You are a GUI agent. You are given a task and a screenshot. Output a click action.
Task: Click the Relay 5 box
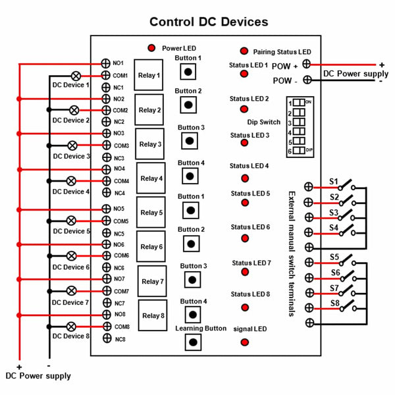(151, 212)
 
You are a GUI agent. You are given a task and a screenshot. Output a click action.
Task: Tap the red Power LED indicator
(151, 47)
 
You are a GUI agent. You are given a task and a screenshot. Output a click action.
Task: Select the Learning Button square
(193, 342)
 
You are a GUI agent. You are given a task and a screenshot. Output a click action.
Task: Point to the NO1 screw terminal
(105, 63)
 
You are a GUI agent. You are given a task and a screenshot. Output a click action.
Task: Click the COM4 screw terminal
(107, 181)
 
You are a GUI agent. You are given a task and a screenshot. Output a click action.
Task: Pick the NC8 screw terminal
(107, 338)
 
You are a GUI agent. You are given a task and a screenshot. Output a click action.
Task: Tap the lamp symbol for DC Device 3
(72, 145)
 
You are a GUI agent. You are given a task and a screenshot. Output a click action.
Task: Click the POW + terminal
(307, 64)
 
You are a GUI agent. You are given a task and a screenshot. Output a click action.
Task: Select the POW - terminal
(307, 80)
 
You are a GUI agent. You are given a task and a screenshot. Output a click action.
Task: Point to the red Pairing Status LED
(244, 51)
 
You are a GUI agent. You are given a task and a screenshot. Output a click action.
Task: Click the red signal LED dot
(245, 342)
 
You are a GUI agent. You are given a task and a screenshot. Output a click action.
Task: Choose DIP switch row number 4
(299, 131)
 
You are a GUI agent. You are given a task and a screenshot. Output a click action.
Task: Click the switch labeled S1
(347, 185)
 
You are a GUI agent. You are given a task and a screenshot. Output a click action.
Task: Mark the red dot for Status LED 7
(245, 272)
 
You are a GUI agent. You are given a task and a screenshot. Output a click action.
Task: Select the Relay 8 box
(153, 315)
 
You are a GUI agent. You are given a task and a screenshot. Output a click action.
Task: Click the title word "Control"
(172, 22)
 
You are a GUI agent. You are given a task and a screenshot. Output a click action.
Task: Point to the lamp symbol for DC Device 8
(71, 327)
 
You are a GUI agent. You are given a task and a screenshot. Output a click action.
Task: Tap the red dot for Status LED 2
(244, 109)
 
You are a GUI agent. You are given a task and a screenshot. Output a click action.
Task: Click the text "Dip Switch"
(264, 122)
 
